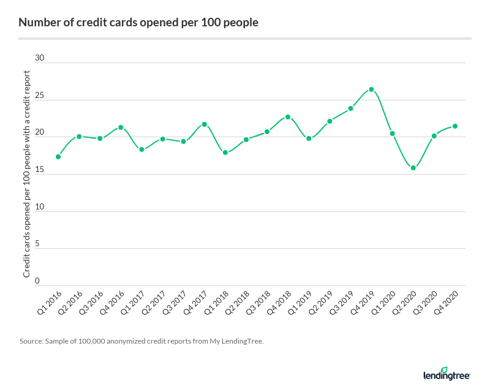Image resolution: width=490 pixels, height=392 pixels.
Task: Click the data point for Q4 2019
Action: click(371, 89)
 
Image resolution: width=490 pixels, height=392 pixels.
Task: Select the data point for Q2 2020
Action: click(413, 168)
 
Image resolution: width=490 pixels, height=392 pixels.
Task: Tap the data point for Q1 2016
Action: click(58, 157)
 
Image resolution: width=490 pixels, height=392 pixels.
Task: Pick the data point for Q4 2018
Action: click(288, 117)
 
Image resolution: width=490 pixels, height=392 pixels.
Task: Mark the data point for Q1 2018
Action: click(225, 153)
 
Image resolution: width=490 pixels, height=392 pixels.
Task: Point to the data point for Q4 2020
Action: click(455, 126)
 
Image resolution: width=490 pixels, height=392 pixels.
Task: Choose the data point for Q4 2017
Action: click(205, 124)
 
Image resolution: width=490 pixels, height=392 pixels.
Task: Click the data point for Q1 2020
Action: click(392, 134)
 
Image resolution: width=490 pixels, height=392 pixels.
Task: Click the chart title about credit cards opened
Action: click(138, 23)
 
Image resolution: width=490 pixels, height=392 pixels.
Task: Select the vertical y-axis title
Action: click(27, 173)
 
